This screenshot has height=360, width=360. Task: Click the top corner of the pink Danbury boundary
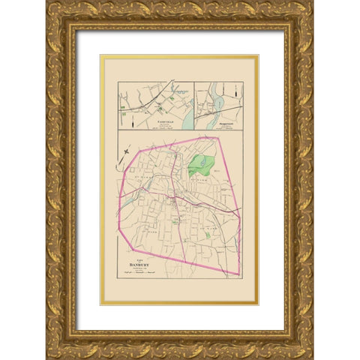[217, 137]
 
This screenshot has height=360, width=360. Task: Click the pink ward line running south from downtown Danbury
[182, 232]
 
